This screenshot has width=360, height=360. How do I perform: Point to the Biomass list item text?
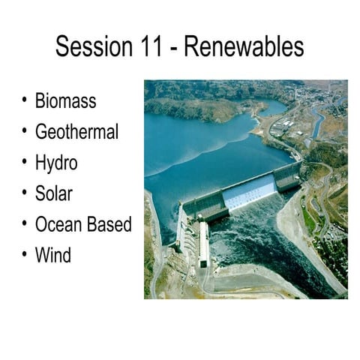pyautogui.click(x=66, y=101)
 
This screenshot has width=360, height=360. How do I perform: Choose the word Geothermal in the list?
pyautogui.click(x=76, y=132)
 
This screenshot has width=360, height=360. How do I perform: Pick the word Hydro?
pyautogui.click(x=56, y=163)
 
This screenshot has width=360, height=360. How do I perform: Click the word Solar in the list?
pyautogui.click(x=54, y=193)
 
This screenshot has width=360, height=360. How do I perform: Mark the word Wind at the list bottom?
pyautogui.click(x=53, y=255)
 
